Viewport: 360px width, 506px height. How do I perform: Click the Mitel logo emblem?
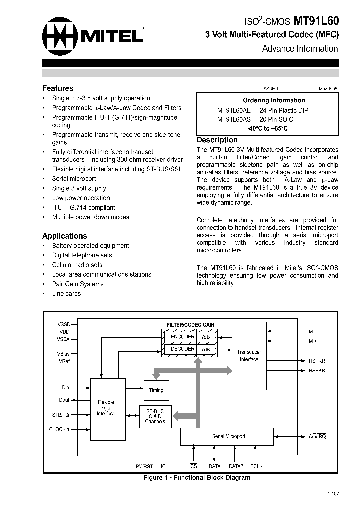(59, 36)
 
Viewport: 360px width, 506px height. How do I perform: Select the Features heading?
(57, 88)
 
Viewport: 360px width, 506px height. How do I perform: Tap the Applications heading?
(64, 236)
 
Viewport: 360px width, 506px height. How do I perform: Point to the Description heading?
(217, 140)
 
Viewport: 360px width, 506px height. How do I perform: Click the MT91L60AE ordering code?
(234, 110)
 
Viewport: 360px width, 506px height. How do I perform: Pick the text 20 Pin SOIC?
(276, 119)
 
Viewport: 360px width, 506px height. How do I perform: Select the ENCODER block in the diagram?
(182, 337)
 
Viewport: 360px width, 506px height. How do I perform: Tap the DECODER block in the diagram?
(182, 349)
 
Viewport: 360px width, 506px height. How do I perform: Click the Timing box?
(156, 390)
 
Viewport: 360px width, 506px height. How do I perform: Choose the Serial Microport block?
(228, 436)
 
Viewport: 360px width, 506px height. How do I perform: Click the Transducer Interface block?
(249, 356)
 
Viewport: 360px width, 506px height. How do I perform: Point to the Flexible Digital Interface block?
(105, 407)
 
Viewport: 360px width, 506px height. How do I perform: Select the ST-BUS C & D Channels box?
(155, 415)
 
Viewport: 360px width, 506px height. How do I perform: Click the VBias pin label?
(64, 353)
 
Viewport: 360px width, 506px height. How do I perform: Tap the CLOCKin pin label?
(59, 429)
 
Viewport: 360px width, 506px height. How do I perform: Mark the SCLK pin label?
(256, 466)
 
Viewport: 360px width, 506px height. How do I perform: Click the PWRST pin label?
(144, 466)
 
